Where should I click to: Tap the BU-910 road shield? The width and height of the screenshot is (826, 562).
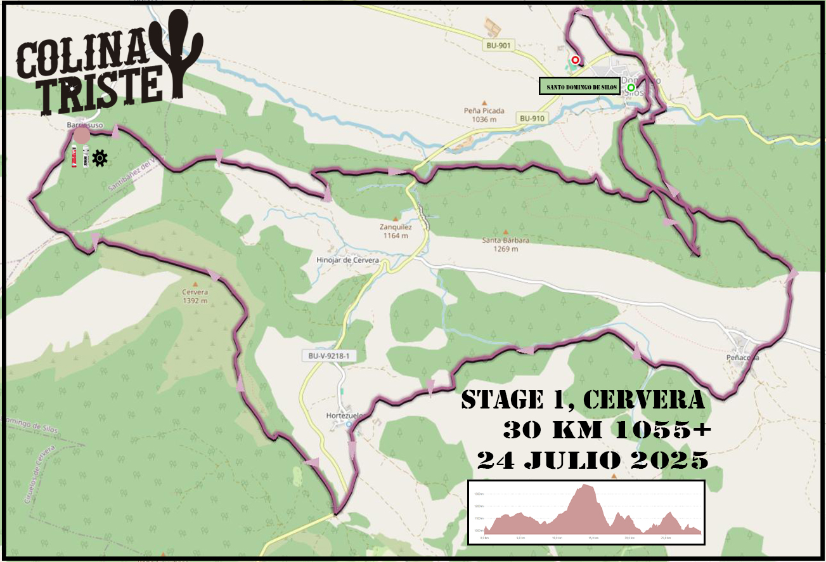[531, 118]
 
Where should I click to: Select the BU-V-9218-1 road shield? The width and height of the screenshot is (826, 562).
[328, 356]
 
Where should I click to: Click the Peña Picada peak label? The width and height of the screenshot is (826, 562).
[484, 114]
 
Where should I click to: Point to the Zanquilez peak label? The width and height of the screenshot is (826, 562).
[397, 230]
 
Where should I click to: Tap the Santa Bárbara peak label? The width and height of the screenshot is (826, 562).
[505, 244]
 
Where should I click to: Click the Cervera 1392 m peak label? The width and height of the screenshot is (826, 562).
[195, 296]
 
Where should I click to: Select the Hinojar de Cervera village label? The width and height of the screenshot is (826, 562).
[347, 260]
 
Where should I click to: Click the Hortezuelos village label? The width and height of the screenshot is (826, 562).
[342, 415]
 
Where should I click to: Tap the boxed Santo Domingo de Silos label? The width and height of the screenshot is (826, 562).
[579, 87]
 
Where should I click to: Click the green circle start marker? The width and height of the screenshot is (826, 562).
[631, 88]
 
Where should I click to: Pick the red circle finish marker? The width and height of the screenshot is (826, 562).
[575, 60]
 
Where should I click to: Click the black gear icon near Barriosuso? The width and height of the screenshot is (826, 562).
[100, 158]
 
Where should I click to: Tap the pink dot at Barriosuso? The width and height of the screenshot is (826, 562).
[81, 134]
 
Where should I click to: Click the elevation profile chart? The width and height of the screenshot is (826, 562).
[586, 513]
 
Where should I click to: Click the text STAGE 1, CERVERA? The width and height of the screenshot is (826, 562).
[583, 400]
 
